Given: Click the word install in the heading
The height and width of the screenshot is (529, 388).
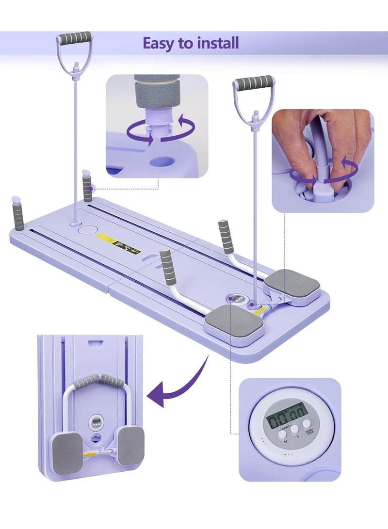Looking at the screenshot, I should click(x=217, y=43).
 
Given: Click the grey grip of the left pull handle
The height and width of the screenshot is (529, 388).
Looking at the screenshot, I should click(x=74, y=38).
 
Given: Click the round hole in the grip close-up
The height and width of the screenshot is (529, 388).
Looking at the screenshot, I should click(x=163, y=161).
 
